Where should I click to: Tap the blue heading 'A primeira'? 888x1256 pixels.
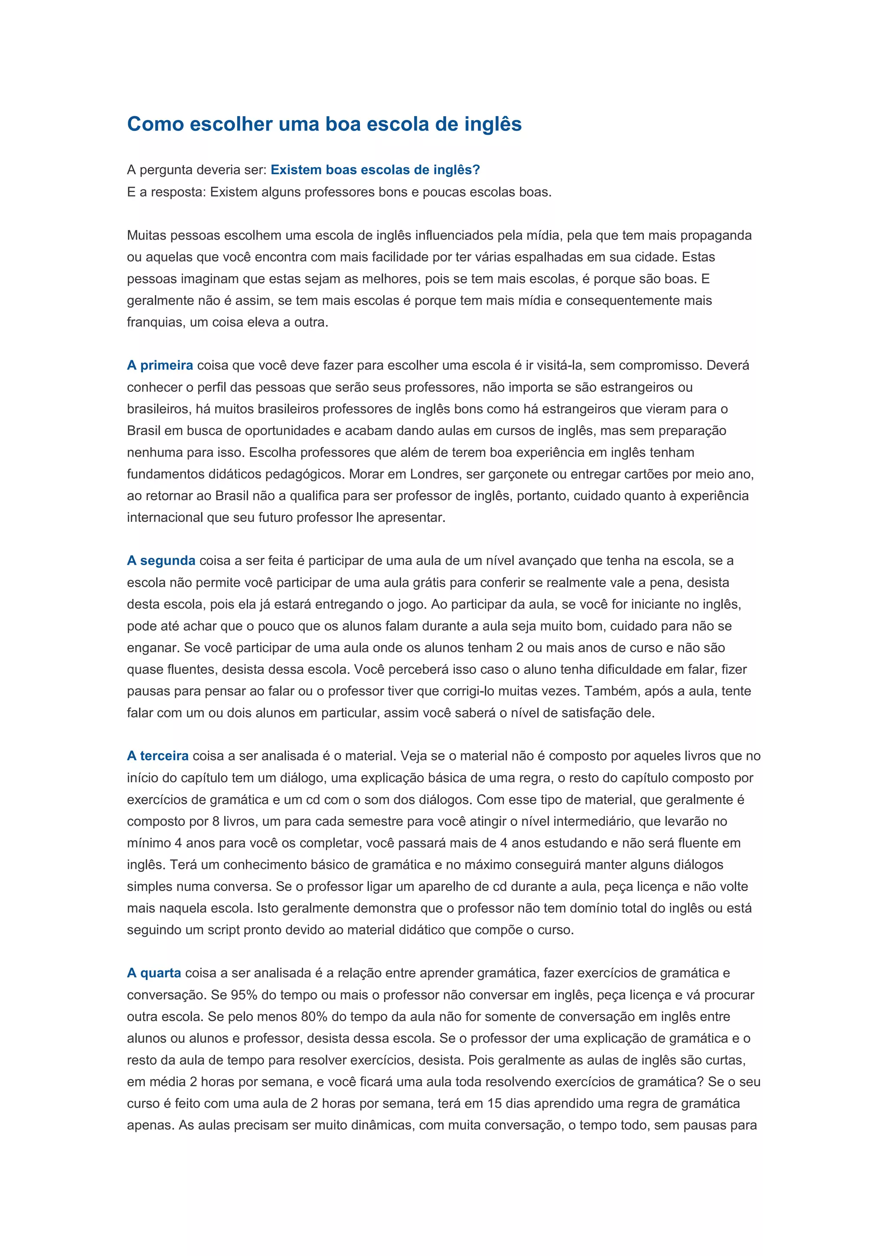point(160,365)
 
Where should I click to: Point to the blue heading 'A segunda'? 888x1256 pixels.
point(161,561)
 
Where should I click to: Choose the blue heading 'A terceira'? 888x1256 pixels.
point(157,756)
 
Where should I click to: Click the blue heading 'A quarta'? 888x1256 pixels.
point(154,973)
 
